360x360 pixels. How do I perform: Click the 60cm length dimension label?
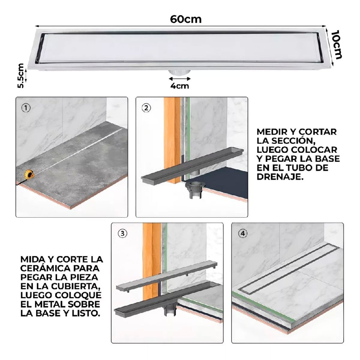pos(186,19)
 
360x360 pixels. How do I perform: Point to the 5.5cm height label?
pos(20,76)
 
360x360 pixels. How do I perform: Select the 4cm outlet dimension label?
pos(180,86)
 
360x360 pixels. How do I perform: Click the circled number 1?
pos(26,108)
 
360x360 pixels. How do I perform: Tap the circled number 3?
pos(122,234)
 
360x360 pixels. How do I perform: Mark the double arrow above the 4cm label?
pos(180,79)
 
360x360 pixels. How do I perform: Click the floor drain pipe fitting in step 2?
pos(195,190)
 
